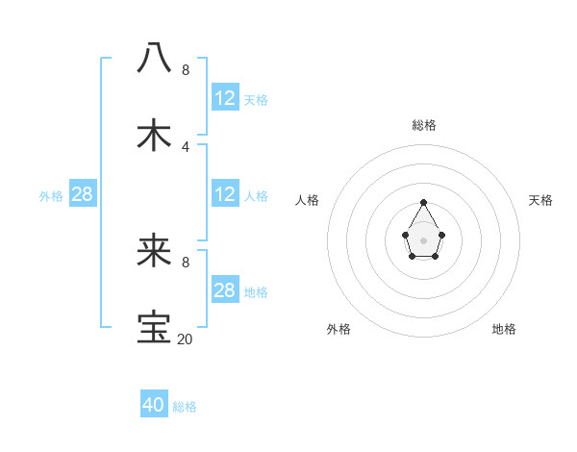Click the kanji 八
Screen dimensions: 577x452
coord(154,58)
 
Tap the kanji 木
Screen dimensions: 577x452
coord(154,136)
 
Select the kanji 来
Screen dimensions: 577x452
coord(154,253)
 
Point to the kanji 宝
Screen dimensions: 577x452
coord(154,328)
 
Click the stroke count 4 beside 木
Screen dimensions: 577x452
coord(186,146)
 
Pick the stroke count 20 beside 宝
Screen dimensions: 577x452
coord(185,339)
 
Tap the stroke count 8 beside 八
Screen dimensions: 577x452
coord(186,69)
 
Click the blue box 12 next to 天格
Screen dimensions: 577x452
coord(225,98)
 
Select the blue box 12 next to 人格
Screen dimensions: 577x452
coord(225,194)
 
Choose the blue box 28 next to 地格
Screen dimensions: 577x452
coord(225,290)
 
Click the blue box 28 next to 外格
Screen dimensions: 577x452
coord(83,194)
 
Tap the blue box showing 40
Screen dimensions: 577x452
coord(154,405)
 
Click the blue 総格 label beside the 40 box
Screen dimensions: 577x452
coord(185,407)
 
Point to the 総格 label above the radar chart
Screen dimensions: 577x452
coord(423,125)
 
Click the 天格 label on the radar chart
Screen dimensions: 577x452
coord(540,200)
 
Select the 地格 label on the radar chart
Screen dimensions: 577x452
coord(504,329)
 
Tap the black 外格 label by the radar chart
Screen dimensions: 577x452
coord(339,329)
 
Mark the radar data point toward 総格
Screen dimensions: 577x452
coord(423,202)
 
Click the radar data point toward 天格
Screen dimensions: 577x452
coord(441,235)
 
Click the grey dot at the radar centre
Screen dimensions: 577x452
coord(423,239)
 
